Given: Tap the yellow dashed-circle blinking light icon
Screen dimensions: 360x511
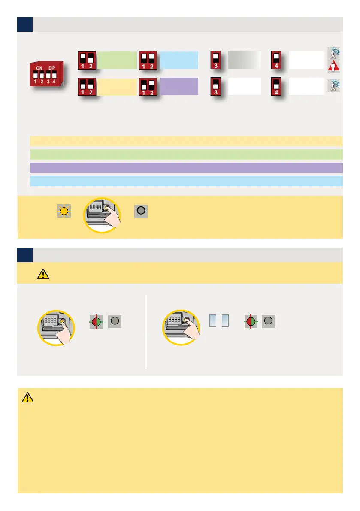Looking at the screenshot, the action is (x=64, y=211).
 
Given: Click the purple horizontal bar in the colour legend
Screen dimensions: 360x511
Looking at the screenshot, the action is (x=186, y=167).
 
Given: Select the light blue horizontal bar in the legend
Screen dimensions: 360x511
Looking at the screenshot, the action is (x=186, y=181).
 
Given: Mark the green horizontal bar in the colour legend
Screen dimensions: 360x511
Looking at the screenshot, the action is (x=186, y=154).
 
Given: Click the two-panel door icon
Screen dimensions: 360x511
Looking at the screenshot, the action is (x=218, y=321).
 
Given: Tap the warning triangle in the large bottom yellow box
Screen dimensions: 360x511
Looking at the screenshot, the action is (x=27, y=398).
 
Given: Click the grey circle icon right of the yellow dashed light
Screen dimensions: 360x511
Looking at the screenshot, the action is (x=141, y=211).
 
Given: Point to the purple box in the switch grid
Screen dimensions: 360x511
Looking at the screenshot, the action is (x=179, y=86).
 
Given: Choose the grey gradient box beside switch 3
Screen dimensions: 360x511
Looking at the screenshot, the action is (x=244, y=60).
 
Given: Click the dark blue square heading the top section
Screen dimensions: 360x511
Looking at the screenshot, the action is (x=24, y=24).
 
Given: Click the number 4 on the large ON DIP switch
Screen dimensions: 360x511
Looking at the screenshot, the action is (x=54, y=81).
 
